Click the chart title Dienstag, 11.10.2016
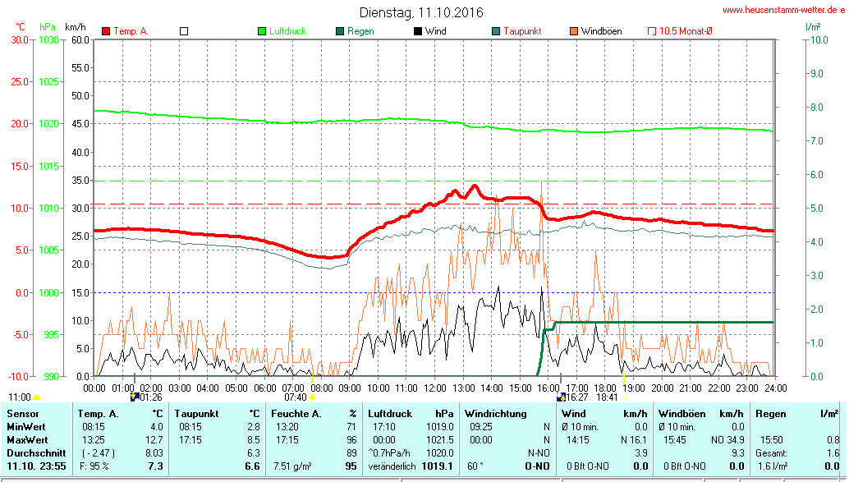421,12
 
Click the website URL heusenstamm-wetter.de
783,10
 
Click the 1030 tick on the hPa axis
48,39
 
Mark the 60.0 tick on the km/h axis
80,39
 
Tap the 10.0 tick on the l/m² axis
817,39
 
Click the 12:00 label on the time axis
434,387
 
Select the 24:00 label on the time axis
775,387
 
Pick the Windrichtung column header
495,413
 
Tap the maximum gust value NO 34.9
719,439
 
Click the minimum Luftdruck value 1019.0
440,426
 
